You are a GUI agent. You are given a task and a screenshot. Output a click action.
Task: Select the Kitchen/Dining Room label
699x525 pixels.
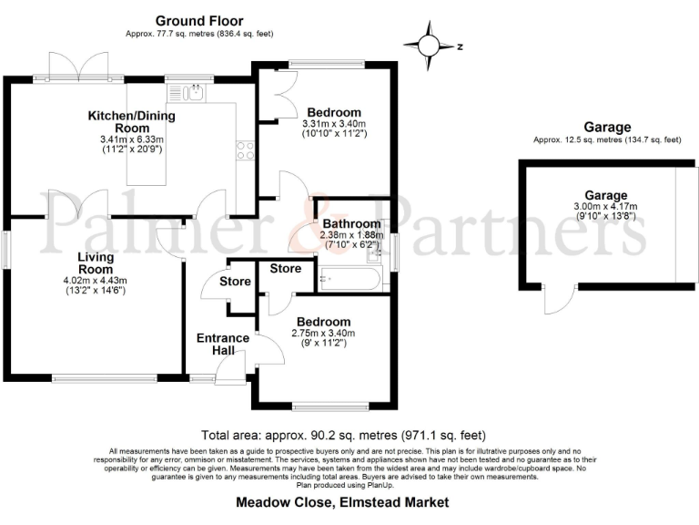[x=131, y=122]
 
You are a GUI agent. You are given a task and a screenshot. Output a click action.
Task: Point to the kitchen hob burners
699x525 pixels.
[x=245, y=150]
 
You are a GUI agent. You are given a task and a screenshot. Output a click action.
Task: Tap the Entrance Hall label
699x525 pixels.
[x=223, y=345]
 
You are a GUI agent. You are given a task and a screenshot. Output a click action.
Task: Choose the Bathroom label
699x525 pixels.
[x=349, y=223]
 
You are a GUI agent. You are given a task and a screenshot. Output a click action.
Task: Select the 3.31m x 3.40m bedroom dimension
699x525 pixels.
[x=333, y=124]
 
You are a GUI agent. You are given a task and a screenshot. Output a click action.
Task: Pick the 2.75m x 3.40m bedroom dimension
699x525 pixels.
[x=323, y=334]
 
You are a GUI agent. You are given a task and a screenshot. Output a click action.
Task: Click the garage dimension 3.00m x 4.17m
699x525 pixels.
[x=606, y=207]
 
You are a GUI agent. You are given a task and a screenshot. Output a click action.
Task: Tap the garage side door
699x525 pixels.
[x=559, y=300]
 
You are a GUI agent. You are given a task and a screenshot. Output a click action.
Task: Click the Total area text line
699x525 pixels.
[x=342, y=435]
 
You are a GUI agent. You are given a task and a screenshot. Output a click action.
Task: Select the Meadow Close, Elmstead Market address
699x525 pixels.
[x=342, y=501]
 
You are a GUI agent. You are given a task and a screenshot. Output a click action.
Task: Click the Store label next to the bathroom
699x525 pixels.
[x=285, y=269]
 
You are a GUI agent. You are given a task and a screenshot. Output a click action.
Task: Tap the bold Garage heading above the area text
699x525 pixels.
[x=607, y=127]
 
